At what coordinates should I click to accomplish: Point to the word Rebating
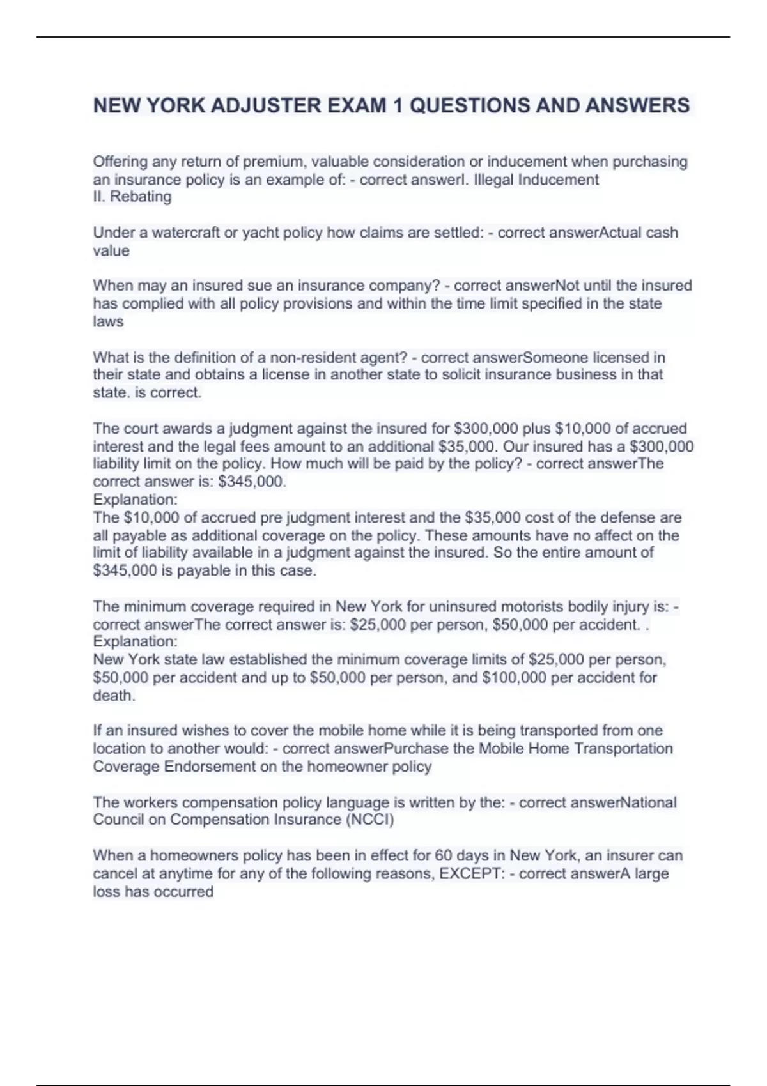(x=141, y=197)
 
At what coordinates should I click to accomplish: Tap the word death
(x=114, y=695)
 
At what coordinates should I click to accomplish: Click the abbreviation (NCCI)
(x=369, y=820)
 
